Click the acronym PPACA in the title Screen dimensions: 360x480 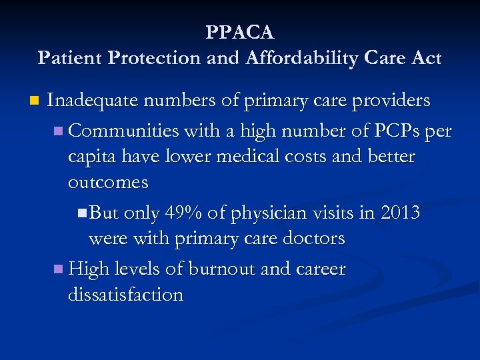tap(240, 32)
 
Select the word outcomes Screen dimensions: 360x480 tap(108, 182)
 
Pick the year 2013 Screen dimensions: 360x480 tap(400, 213)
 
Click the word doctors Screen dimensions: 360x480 tap(312, 239)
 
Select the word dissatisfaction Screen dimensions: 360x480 tap(125, 295)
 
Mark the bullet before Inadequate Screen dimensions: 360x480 tap(34, 101)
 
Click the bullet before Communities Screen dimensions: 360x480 tap(59, 131)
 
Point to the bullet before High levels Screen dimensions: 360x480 tap(59, 270)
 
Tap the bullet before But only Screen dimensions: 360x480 tap(81, 213)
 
